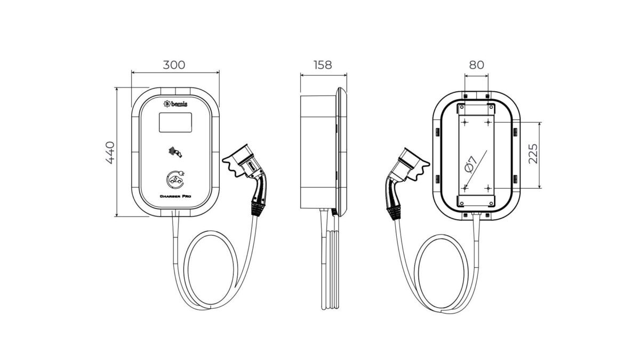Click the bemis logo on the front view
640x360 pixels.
(x=175, y=104)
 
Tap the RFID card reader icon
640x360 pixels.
(x=175, y=153)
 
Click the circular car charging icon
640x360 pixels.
(x=175, y=179)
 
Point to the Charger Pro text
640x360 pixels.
(x=175, y=197)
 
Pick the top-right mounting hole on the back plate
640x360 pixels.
(x=488, y=123)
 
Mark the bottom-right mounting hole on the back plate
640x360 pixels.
(x=488, y=188)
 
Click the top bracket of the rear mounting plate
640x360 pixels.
(x=476, y=109)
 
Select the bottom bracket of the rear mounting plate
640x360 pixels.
(x=476, y=201)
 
